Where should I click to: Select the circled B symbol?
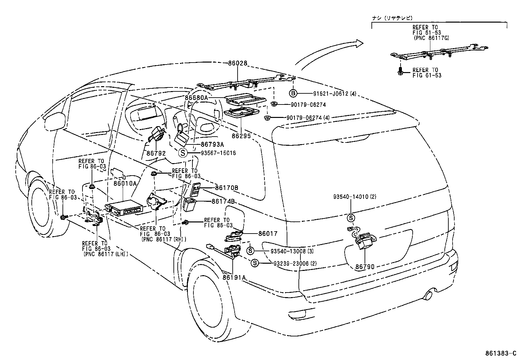293,94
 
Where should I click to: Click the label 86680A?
196,98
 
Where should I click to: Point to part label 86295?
241,135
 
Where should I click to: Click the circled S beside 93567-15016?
183,153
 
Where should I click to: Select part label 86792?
156,153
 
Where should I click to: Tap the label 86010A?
125,183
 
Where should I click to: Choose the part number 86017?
268,234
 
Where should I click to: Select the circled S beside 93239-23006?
255,263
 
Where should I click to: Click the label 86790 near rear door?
365,267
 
